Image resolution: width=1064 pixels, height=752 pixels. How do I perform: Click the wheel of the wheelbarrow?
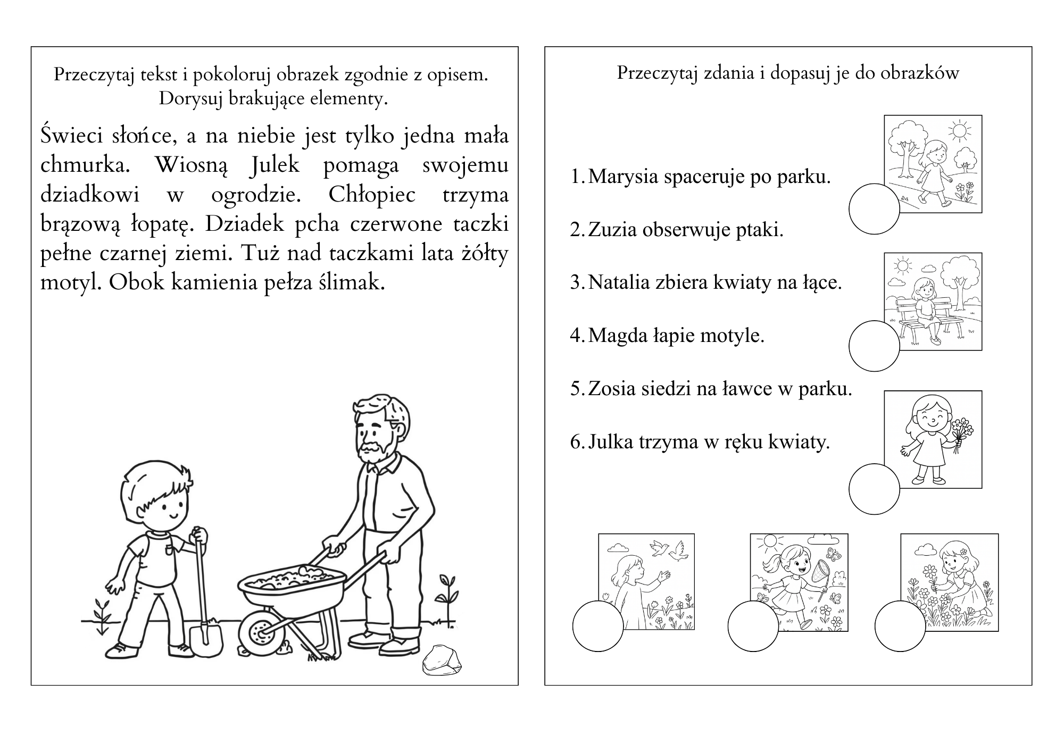tap(260, 632)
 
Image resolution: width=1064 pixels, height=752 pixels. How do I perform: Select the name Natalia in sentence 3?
tap(619, 282)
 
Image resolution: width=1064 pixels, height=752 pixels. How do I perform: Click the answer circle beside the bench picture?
tap(874, 346)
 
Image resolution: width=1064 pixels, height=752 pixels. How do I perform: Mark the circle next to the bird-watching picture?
tap(598, 626)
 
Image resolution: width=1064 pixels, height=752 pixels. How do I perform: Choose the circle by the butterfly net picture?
tap(753, 626)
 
